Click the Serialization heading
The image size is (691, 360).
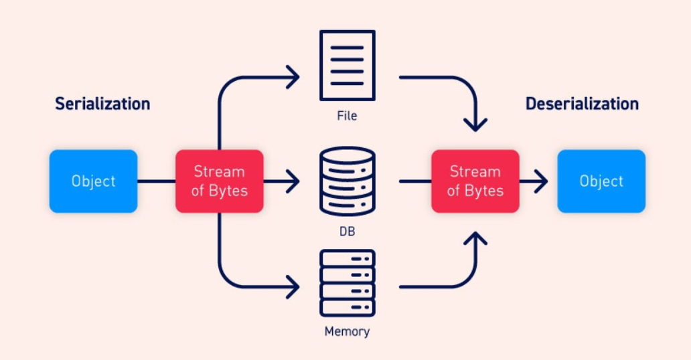(102, 104)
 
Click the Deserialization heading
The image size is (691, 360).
(582, 104)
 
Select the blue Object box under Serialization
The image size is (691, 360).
(93, 181)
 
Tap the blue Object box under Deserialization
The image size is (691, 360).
(601, 181)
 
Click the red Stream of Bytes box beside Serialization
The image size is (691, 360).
(220, 181)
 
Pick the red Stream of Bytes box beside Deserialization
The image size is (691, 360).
(475, 181)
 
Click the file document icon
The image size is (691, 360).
(347, 65)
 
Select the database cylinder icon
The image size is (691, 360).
(347, 181)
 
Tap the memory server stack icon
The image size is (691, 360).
(347, 283)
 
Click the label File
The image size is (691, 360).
(347, 116)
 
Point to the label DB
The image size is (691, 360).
(347, 232)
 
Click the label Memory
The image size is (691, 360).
(347, 331)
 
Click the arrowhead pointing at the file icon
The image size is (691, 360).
(293, 78)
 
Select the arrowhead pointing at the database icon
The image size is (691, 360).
(293, 181)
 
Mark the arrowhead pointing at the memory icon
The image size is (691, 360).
(293, 288)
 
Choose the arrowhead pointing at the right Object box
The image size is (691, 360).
(542, 181)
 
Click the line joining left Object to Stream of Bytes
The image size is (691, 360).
(156, 181)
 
